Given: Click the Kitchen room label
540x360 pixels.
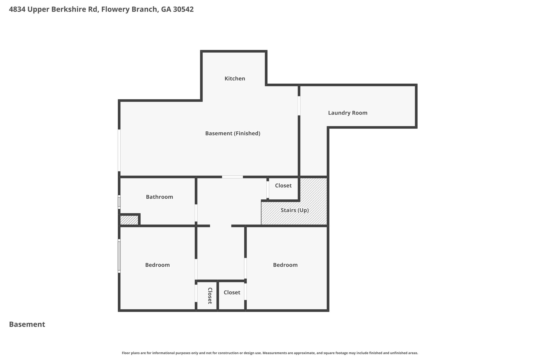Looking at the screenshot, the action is tap(235, 79).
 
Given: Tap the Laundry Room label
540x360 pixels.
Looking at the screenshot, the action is tap(348, 113).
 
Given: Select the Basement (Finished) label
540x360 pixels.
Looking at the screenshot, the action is tap(233, 133).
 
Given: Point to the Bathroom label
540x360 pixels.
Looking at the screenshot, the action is tap(159, 197).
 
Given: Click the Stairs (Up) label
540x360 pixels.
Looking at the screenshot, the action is tap(295, 210).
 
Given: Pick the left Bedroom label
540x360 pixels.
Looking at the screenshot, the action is tap(157, 265).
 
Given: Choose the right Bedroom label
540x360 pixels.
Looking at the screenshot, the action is tap(285, 265).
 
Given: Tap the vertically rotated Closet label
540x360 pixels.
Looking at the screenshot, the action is tap(210, 296).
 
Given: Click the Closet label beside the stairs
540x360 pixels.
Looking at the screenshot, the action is tap(283, 186).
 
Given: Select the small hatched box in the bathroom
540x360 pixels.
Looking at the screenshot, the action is tap(129, 220).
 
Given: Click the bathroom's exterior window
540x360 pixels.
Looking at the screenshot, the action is tap(119, 202).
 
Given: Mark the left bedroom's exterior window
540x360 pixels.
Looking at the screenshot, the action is tap(119, 256).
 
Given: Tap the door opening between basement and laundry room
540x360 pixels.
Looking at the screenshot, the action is tap(299, 106).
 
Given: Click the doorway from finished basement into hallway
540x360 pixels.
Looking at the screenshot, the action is tap(232, 177).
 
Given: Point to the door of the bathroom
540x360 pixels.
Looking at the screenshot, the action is tap(196, 213).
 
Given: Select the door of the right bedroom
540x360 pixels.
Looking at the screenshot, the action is tap(245, 268).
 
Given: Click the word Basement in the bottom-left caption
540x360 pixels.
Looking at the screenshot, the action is tap(27, 324).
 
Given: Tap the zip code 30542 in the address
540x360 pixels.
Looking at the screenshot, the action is tap(183, 9).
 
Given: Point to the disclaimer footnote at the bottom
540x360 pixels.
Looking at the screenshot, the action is tap(270, 353).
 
